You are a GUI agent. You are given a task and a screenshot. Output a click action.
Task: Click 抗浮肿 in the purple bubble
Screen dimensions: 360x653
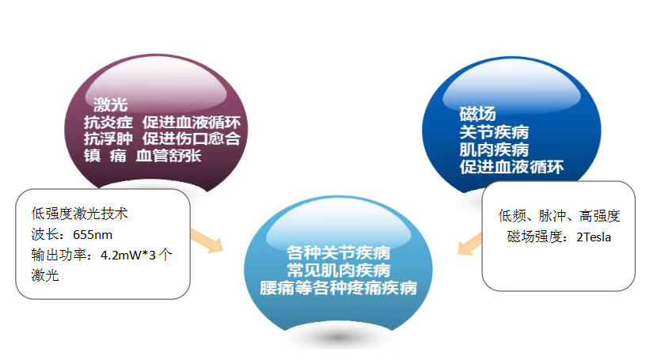coord(107,138)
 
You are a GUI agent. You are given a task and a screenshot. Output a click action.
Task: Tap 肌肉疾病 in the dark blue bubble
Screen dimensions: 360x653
coord(493,149)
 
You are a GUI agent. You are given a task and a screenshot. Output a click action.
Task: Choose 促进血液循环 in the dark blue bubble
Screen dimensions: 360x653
coord(511,167)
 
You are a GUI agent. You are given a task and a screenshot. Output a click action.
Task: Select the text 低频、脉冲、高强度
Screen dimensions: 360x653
coord(559,215)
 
